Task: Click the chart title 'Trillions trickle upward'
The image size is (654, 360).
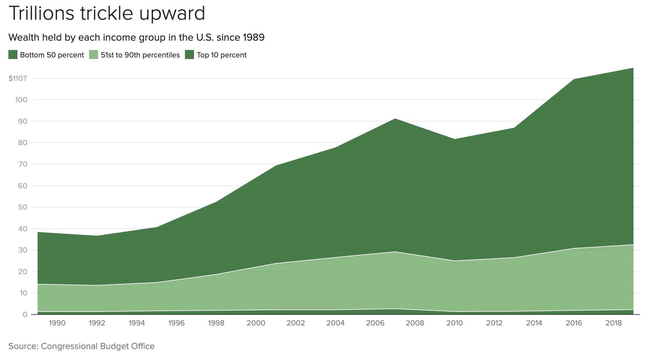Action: point(107,14)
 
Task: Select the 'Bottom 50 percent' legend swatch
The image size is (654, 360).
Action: point(13,55)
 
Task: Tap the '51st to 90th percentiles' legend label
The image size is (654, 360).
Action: point(140,55)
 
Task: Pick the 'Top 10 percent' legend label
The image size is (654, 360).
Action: point(221,55)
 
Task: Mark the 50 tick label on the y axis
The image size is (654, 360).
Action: point(23,207)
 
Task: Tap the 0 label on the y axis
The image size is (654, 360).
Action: point(25,315)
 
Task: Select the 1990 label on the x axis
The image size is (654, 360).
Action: point(57,323)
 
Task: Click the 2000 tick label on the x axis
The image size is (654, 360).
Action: point(256,323)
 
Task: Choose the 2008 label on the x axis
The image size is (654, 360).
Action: point(415,323)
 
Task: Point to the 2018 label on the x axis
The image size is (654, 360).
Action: point(614,323)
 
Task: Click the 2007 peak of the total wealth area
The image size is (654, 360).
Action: point(395,119)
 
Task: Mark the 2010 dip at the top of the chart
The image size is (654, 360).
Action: point(455,139)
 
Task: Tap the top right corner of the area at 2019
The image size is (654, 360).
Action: point(633,68)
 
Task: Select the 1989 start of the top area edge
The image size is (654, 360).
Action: point(38,232)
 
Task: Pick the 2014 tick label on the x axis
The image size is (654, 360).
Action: point(534,323)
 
